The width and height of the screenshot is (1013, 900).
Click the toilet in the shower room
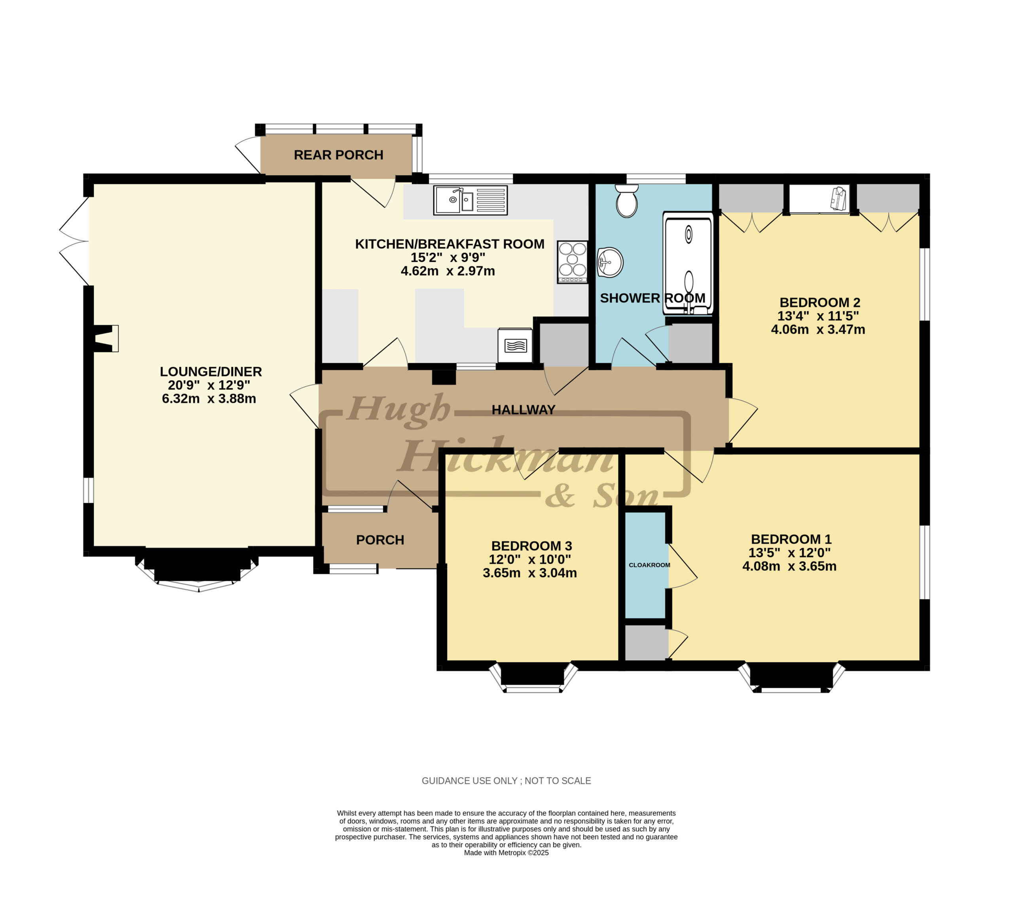(626, 201)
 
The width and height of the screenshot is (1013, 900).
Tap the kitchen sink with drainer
(470, 200)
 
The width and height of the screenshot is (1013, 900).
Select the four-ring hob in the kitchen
(573, 261)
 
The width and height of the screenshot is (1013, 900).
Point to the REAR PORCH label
(338, 155)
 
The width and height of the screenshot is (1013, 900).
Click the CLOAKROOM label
(649, 565)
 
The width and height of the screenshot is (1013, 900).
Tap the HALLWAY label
(524, 410)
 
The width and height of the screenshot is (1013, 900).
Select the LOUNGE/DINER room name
(211, 372)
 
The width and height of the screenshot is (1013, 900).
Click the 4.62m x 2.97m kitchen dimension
(448, 271)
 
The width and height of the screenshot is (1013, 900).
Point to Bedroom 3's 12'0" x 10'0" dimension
(530, 559)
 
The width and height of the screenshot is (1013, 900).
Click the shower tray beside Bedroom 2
(688, 263)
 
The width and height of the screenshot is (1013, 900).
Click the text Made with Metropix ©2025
(506, 853)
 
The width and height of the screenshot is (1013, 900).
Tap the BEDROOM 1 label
(791, 539)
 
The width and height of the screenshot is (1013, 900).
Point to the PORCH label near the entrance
(380, 540)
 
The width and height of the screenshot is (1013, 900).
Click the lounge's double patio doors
(74, 241)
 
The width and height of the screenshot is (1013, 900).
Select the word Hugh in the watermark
(399, 410)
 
